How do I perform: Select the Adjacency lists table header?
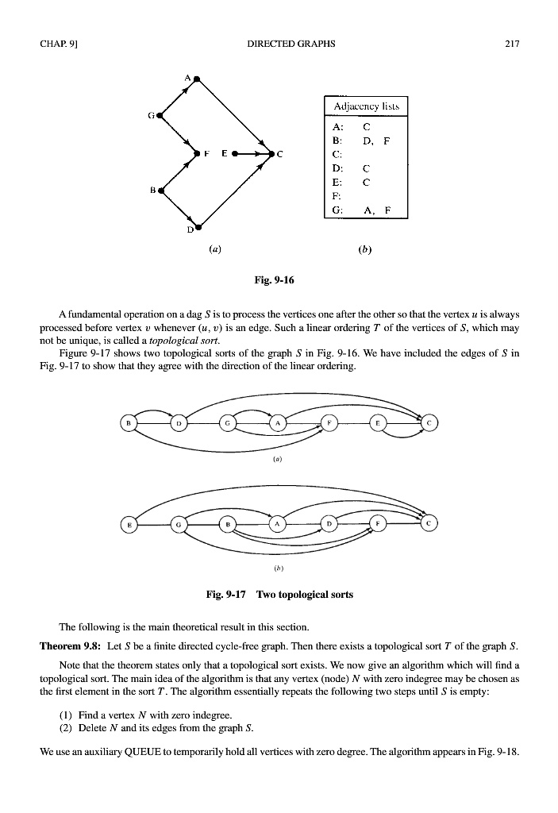coord(365,106)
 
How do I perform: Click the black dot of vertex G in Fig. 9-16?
coord(160,115)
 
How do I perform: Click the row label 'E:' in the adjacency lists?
coord(337,182)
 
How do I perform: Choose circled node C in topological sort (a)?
coord(429,423)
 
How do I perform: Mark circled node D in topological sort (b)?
coord(329,524)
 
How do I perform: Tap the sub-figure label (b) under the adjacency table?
coord(365,249)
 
